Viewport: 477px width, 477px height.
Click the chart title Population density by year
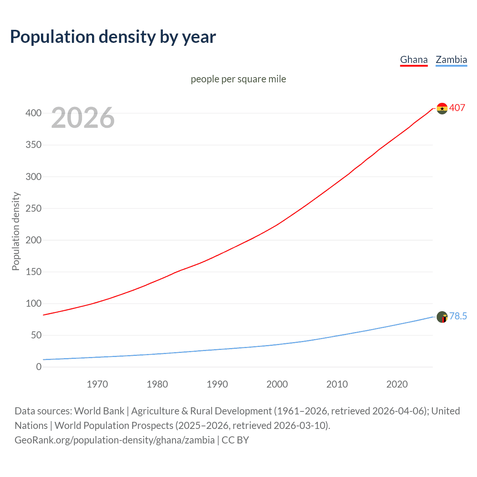coord(113,37)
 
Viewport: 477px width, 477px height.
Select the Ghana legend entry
coord(414,60)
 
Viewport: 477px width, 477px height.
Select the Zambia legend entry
coord(451,60)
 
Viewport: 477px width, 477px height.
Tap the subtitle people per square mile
coord(238,79)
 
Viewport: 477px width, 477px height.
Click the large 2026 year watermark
coord(83,118)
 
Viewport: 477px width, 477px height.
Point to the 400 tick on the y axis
coord(34,113)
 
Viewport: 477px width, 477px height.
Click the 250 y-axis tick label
coord(34,208)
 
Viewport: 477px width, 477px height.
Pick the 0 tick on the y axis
coord(39,367)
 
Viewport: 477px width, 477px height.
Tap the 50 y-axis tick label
coord(36,335)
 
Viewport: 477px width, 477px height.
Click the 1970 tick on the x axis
coord(97,384)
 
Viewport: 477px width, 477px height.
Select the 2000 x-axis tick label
coord(277,384)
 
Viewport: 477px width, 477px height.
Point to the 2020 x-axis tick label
coord(397,384)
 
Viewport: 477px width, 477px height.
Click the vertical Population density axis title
coord(16,231)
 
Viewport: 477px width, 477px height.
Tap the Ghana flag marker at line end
coord(442,108)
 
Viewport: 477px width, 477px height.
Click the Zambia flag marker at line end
coord(442,317)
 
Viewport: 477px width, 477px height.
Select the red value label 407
coord(457,108)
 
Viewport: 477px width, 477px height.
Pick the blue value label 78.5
coord(458,316)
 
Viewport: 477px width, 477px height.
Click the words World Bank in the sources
coord(99,411)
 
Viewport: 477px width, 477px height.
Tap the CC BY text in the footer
coord(235,440)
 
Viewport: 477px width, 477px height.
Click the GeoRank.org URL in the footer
coord(114,440)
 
